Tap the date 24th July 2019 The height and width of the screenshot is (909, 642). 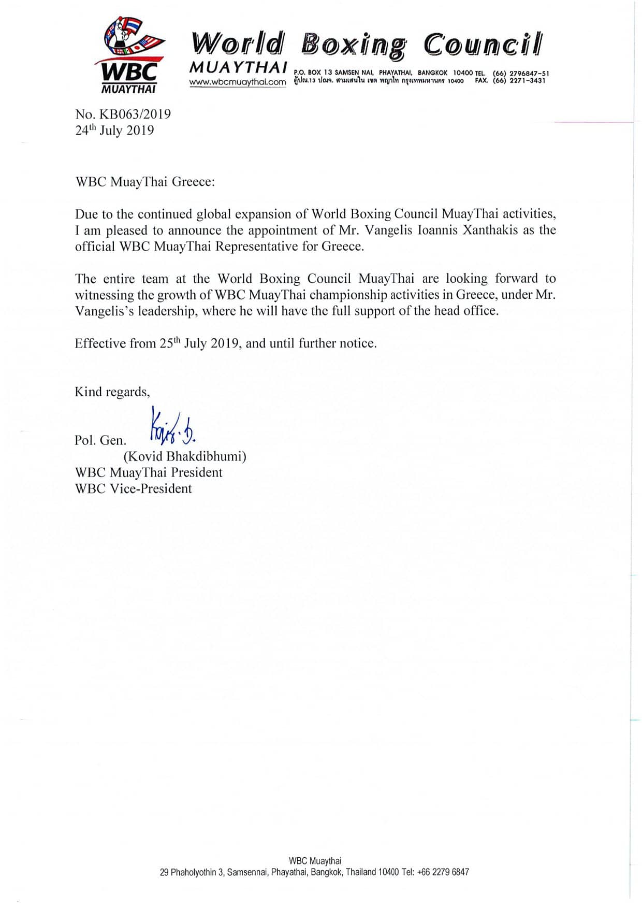[114, 130]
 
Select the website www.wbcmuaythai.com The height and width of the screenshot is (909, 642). [238, 82]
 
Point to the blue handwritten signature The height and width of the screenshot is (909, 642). [172, 428]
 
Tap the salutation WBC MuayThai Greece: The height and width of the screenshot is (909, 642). [144, 182]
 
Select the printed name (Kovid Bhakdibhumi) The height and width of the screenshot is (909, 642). [184, 456]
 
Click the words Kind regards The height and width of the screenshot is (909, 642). [112, 392]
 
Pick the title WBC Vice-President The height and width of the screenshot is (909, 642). [133, 488]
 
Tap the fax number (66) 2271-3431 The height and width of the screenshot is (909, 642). [519, 81]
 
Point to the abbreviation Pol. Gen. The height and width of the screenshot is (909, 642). [100, 440]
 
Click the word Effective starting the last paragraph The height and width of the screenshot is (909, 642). [100, 343]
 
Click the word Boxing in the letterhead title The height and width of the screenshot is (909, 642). [354, 45]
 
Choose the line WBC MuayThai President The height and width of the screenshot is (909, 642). [149, 472]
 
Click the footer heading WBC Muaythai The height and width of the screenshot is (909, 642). [315, 861]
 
